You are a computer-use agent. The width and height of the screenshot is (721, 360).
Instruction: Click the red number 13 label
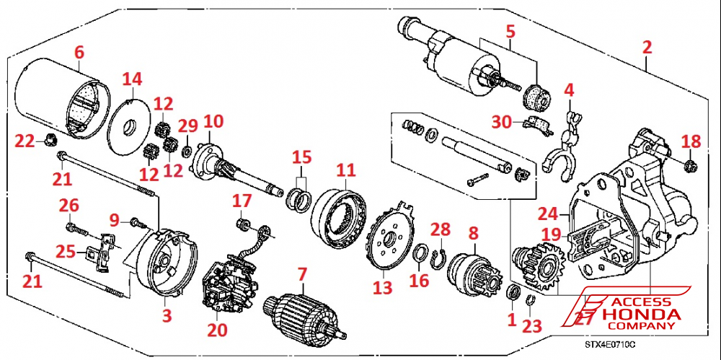click(382, 289)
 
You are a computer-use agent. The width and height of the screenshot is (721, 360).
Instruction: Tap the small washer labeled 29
click(187, 150)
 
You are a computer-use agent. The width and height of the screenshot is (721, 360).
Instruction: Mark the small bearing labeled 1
click(514, 292)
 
